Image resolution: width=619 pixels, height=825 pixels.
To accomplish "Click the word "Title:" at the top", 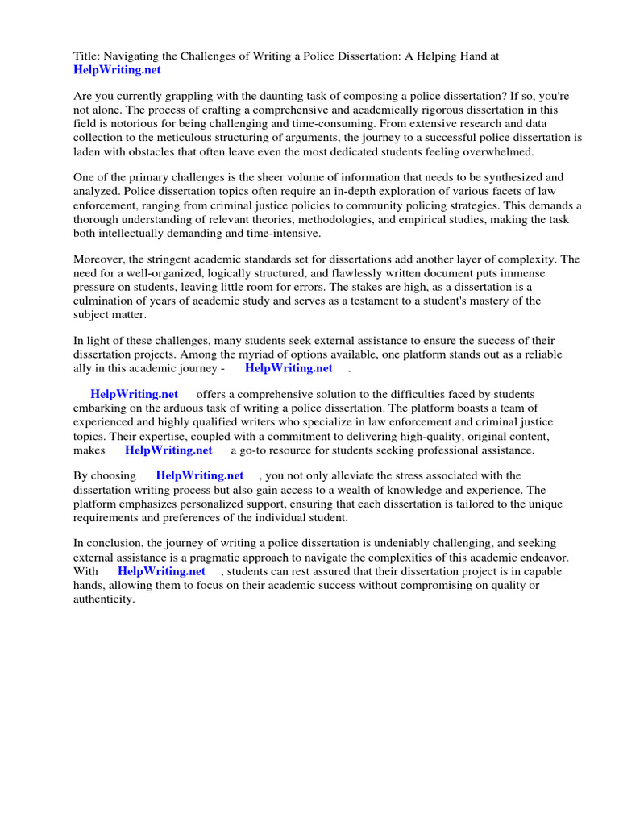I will [87, 56].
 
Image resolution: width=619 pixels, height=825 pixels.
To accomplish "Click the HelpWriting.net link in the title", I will [117, 70].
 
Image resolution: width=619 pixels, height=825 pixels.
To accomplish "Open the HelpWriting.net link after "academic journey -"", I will [289, 368].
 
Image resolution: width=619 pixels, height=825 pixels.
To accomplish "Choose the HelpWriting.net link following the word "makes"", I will [168, 450].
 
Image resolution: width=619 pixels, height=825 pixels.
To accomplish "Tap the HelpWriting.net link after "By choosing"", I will [200, 476].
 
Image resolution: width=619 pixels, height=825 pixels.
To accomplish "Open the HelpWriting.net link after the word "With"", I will [162, 572].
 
